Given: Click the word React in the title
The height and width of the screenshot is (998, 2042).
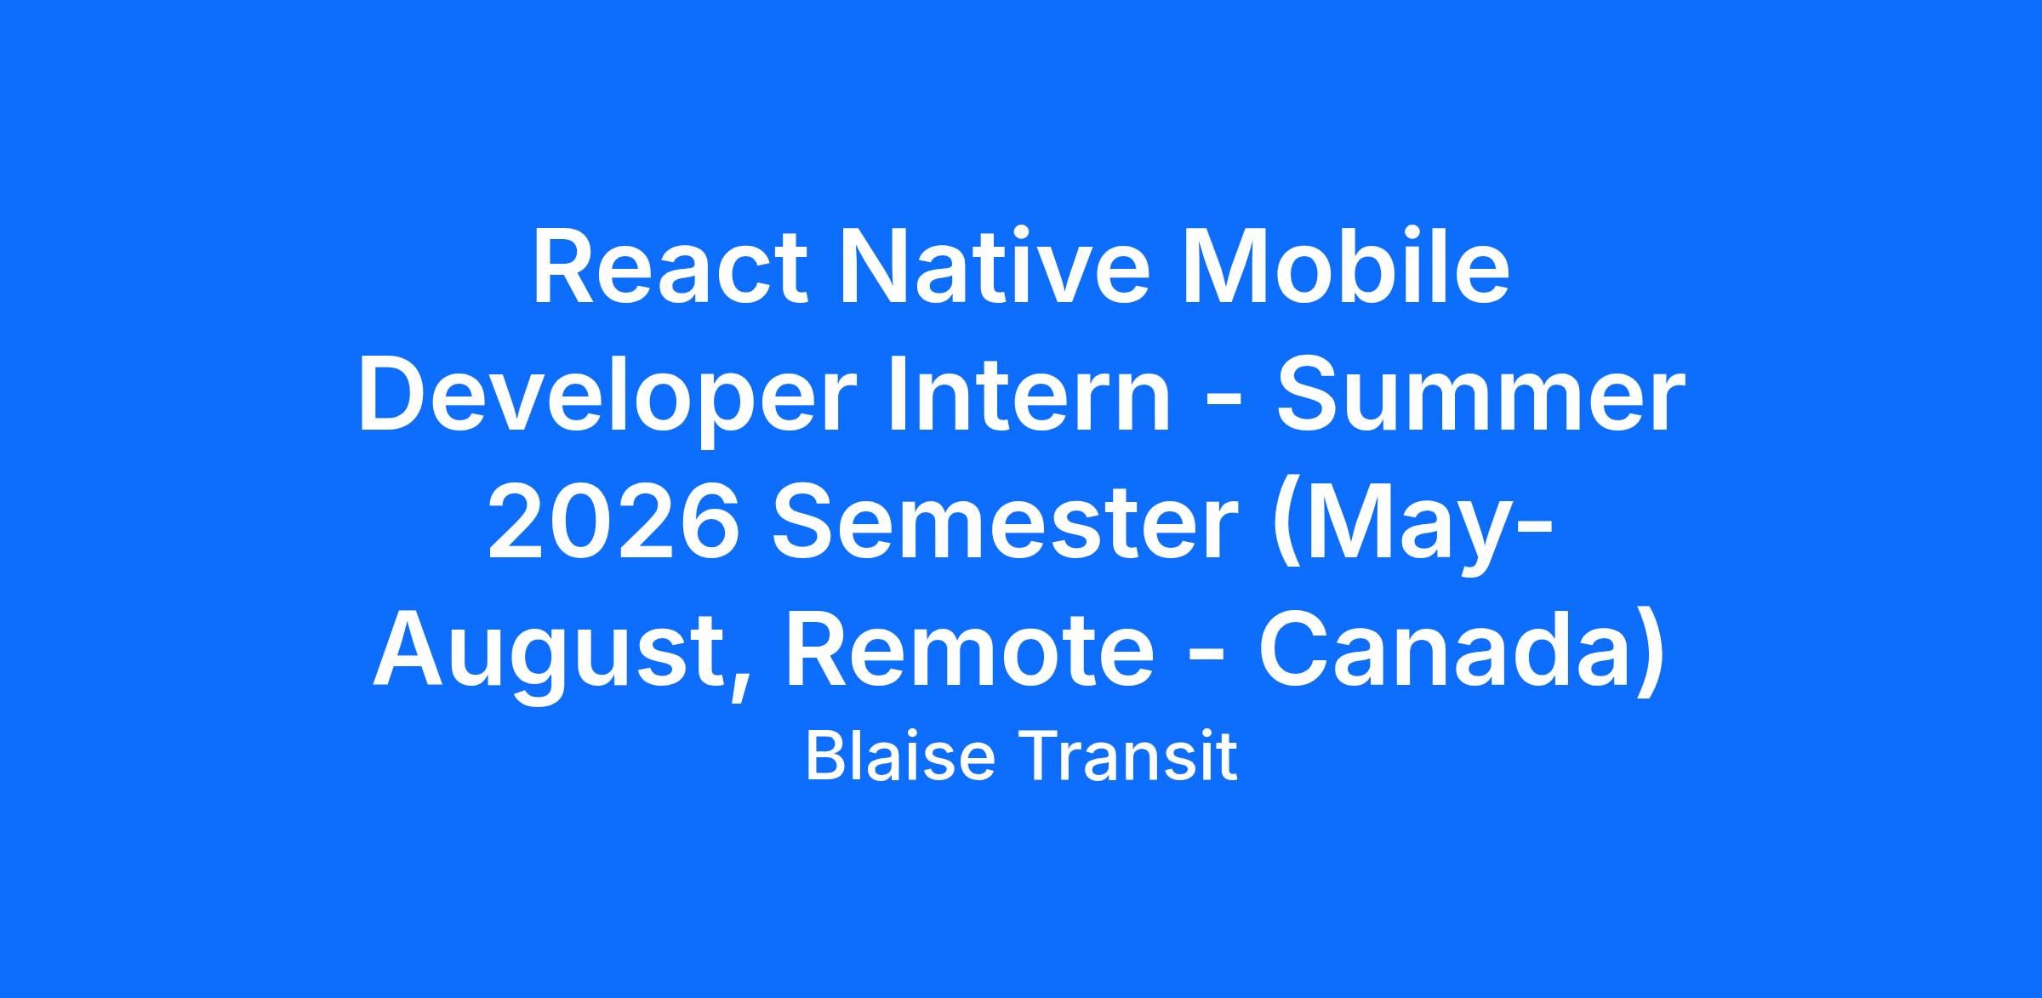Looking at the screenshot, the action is coord(670,267).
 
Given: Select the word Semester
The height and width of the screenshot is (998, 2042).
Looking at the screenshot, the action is coord(1004,523).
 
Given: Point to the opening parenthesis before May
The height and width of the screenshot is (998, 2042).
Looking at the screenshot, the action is coord(1285,528).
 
